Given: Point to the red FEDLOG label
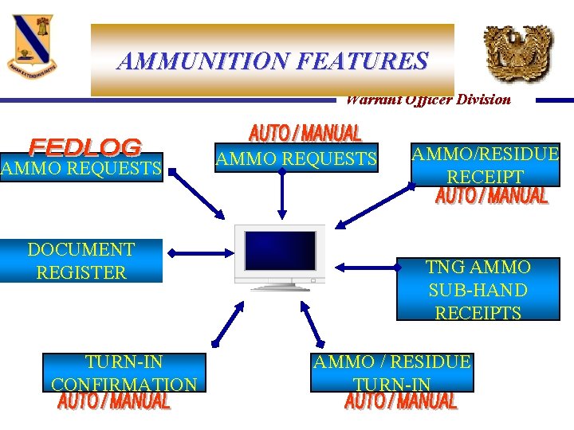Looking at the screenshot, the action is [x=85, y=147].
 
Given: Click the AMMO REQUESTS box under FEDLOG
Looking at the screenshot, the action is [x=81, y=168].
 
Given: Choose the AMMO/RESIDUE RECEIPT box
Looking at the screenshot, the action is [x=485, y=165].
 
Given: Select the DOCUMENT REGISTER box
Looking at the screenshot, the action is [x=81, y=261].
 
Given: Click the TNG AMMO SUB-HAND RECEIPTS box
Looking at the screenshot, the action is [x=478, y=289].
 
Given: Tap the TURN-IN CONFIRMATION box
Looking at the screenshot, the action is [x=124, y=373].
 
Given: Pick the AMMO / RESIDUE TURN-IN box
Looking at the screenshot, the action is [x=392, y=373].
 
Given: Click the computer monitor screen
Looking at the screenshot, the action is [x=280, y=250].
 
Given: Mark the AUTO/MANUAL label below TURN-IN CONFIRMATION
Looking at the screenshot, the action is [x=114, y=401].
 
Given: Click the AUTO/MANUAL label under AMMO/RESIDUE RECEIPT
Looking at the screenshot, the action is [x=492, y=196].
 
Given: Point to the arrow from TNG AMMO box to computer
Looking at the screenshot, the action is [x=365, y=267].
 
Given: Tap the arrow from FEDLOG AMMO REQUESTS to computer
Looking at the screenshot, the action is [x=196, y=195].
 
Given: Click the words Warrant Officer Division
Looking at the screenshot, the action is [x=428, y=100].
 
